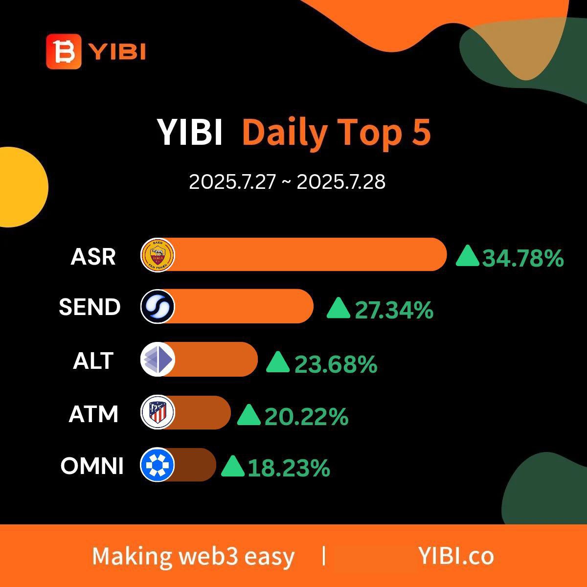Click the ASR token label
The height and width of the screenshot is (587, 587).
[x=93, y=256]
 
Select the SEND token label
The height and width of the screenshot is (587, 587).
[x=90, y=307]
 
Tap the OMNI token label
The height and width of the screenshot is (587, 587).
[x=92, y=466]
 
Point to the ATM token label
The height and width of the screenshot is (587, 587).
[x=93, y=414]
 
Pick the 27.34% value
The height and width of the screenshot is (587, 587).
[x=394, y=310]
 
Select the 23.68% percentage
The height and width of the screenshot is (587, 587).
[x=336, y=364]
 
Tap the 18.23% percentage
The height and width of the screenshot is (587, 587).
[x=289, y=468]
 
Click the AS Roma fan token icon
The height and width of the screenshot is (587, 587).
[x=158, y=255]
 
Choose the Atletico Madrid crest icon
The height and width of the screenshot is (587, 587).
[x=158, y=412]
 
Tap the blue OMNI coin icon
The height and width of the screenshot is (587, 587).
[x=157, y=465]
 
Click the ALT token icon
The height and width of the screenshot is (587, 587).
[x=158, y=359]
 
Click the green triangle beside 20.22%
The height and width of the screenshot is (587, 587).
[x=249, y=415]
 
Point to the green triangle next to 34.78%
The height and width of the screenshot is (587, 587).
[x=468, y=256]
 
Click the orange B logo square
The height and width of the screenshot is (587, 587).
[x=64, y=51]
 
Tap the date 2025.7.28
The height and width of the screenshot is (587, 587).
[x=341, y=182]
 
